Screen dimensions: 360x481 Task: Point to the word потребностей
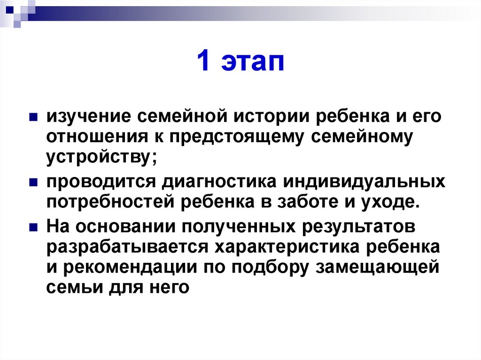click(110, 203)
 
